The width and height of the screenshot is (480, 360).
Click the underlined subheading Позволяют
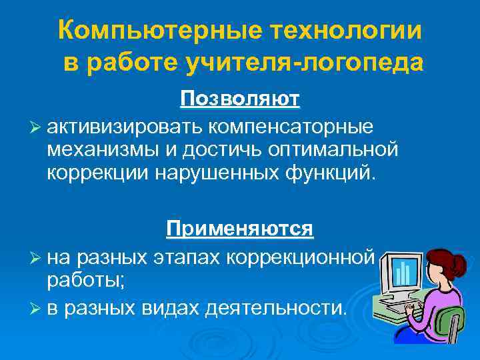coord(240,99)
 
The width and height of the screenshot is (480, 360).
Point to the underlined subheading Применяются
coord(240,229)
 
